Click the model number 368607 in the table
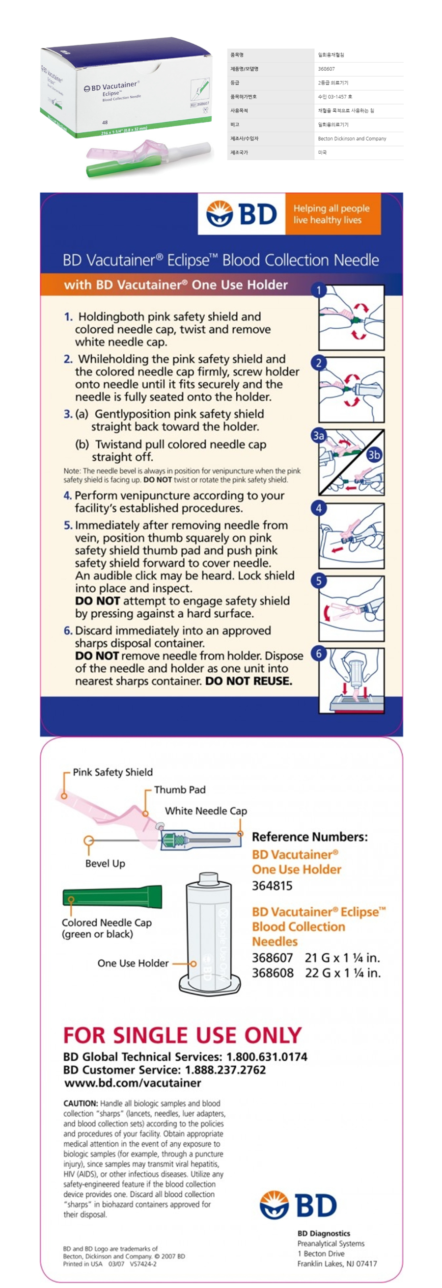coord(327,69)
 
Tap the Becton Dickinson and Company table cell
coord(352,138)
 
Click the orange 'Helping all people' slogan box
coord(332,214)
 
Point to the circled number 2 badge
coord(318,363)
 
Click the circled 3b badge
coord(373,454)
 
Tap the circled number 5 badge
coord(318,580)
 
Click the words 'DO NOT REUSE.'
coord(249,681)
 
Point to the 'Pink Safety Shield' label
coord(112,772)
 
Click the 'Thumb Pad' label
coord(180,789)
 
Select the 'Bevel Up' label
coord(105,864)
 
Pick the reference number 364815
coord(272,886)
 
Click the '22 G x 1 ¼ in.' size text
coord(342,973)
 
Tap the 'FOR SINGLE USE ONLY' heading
coord(183,1035)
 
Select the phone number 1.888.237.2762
coord(225,1070)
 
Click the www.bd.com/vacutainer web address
coord(133,1082)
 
